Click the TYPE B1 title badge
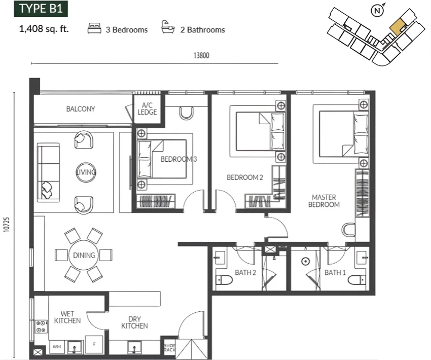(x=41, y=9)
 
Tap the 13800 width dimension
(x=201, y=55)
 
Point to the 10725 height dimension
(x=7, y=225)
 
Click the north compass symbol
(x=377, y=11)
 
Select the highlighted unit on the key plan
(x=397, y=27)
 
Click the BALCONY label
(x=81, y=109)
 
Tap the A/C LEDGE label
(x=148, y=109)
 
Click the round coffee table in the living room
(x=86, y=172)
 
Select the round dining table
(x=84, y=255)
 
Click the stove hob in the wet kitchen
(x=41, y=327)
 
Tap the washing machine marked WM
(x=57, y=347)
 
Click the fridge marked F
(x=94, y=344)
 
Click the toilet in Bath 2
(x=224, y=280)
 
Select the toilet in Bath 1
(x=357, y=280)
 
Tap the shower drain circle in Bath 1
(x=305, y=261)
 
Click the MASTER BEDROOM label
(x=324, y=201)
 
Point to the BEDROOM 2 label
(x=244, y=177)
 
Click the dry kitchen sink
(x=134, y=347)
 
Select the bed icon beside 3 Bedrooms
(x=94, y=28)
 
